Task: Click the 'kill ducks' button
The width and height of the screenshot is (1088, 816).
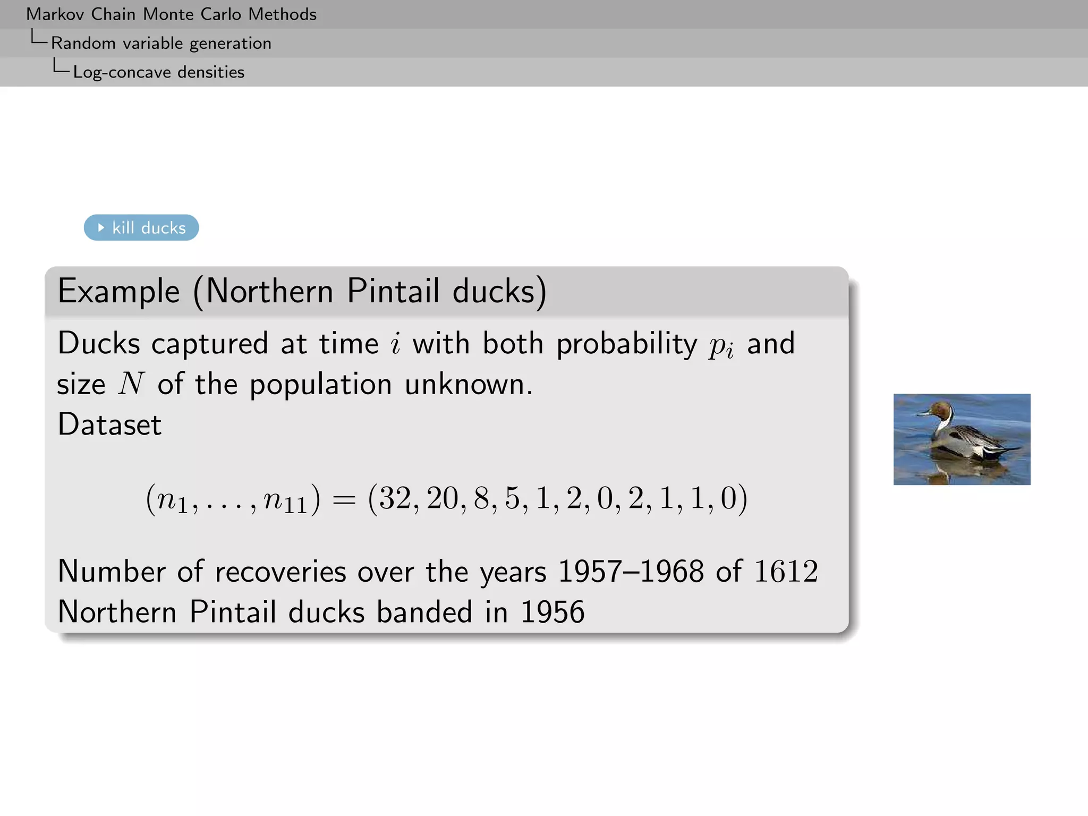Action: click(141, 228)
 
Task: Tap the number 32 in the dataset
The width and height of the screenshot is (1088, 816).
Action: click(395, 498)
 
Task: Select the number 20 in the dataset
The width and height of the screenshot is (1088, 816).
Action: click(442, 498)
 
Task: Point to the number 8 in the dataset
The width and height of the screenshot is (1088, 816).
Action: click(481, 498)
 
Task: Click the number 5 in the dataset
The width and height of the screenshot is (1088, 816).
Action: click(512, 498)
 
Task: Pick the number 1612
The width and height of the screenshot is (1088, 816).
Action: click(786, 572)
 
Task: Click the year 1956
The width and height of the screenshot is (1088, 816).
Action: click(552, 612)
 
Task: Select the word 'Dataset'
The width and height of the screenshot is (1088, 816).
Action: click(109, 424)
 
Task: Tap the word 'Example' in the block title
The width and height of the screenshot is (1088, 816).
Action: click(119, 292)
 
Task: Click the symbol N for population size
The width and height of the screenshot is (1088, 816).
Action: click(131, 384)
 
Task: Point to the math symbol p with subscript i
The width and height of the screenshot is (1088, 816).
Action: click(721, 346)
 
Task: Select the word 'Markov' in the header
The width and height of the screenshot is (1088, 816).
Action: click(55, 14)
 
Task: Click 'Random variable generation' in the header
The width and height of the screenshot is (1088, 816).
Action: click(161, 43)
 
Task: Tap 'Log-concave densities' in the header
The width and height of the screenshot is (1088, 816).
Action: click(159, 72)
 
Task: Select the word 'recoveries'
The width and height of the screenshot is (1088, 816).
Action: click(280, 572)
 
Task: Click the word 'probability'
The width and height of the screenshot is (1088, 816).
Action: click(626, 344)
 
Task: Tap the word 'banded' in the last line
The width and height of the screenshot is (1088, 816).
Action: click(424, 612)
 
